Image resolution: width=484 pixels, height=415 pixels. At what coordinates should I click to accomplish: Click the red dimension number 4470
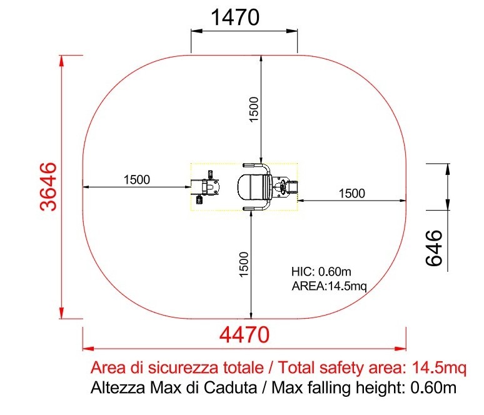pyautogui.click(x=244, y=335)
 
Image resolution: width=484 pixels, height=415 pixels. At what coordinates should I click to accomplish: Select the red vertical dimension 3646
pyautogui.click(x=49, y=187)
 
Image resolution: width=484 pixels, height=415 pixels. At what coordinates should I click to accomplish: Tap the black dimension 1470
pyautogui.click(x=235, y=17)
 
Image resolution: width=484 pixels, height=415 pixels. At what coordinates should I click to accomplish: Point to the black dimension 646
pyautogui.click(x=434, y=247)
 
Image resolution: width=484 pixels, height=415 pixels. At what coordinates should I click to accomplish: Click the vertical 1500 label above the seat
pyautogui.click(x=253, y=109)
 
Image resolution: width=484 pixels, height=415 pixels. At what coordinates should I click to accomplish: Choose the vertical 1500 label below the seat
pyautogui.click(x=244, y=264)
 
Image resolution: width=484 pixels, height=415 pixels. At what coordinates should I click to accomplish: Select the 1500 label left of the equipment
pyautogui.click(x=137, y=179)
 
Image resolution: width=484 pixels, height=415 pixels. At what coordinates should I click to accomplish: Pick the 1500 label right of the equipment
pyautogui.click(x=352, y=194)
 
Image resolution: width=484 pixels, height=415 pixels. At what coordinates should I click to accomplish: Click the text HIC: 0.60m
pyautogui.click(x=321, y=271)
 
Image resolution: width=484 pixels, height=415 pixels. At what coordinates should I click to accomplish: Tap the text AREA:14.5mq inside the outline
pyautogui.click(x=330, y=286)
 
